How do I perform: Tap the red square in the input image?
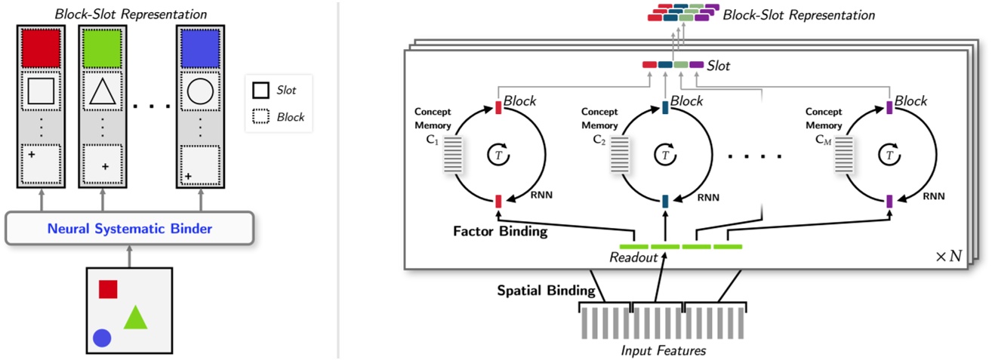(x=108, y=289)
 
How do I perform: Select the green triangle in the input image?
(x=135, y=318)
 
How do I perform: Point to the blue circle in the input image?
(x=102, y=338)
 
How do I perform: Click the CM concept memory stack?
(x=844, y=155)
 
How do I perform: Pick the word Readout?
(x=632, y=259)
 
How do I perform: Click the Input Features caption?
(x=663, y=350)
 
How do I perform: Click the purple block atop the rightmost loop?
(x=889, y=108)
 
